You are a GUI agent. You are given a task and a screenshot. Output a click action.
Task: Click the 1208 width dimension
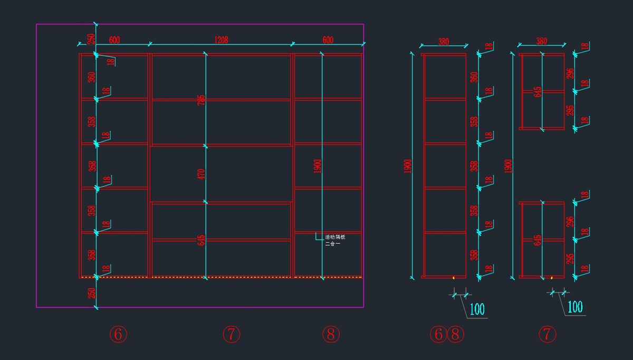pos(220,40)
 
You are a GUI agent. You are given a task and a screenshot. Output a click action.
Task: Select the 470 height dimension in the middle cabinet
pos(202,174)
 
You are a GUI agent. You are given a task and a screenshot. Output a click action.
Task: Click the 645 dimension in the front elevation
pos(202,240)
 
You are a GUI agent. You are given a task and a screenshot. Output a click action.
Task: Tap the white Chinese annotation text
pos(334,240)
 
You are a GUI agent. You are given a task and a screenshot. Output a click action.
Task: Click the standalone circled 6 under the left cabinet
pos(118,334)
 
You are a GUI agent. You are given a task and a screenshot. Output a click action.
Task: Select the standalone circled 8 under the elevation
pos(331,334)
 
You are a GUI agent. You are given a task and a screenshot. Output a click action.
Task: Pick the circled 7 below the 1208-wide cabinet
pos(231,334)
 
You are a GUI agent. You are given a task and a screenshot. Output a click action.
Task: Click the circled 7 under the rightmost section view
pos(548,334)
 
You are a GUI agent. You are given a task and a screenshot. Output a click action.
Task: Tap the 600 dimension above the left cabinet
pos(114,40)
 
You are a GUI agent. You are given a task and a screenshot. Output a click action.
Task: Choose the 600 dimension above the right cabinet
pos(328,40)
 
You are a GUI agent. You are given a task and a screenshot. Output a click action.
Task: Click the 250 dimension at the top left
pos(91,39)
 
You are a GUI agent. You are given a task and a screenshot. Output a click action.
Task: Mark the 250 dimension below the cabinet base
pos(91,293)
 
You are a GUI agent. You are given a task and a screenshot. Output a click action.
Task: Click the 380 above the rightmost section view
pos(542,41)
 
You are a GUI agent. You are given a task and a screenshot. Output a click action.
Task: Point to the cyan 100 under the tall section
pos(476,308)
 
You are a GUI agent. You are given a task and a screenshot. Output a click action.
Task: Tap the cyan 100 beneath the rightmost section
pos(575,307)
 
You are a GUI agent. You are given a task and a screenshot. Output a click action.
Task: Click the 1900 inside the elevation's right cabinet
pos(318,166)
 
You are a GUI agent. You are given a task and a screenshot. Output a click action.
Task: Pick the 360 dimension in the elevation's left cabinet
pos(91,77)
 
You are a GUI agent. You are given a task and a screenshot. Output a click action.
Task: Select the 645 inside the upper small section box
pos(538,92)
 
